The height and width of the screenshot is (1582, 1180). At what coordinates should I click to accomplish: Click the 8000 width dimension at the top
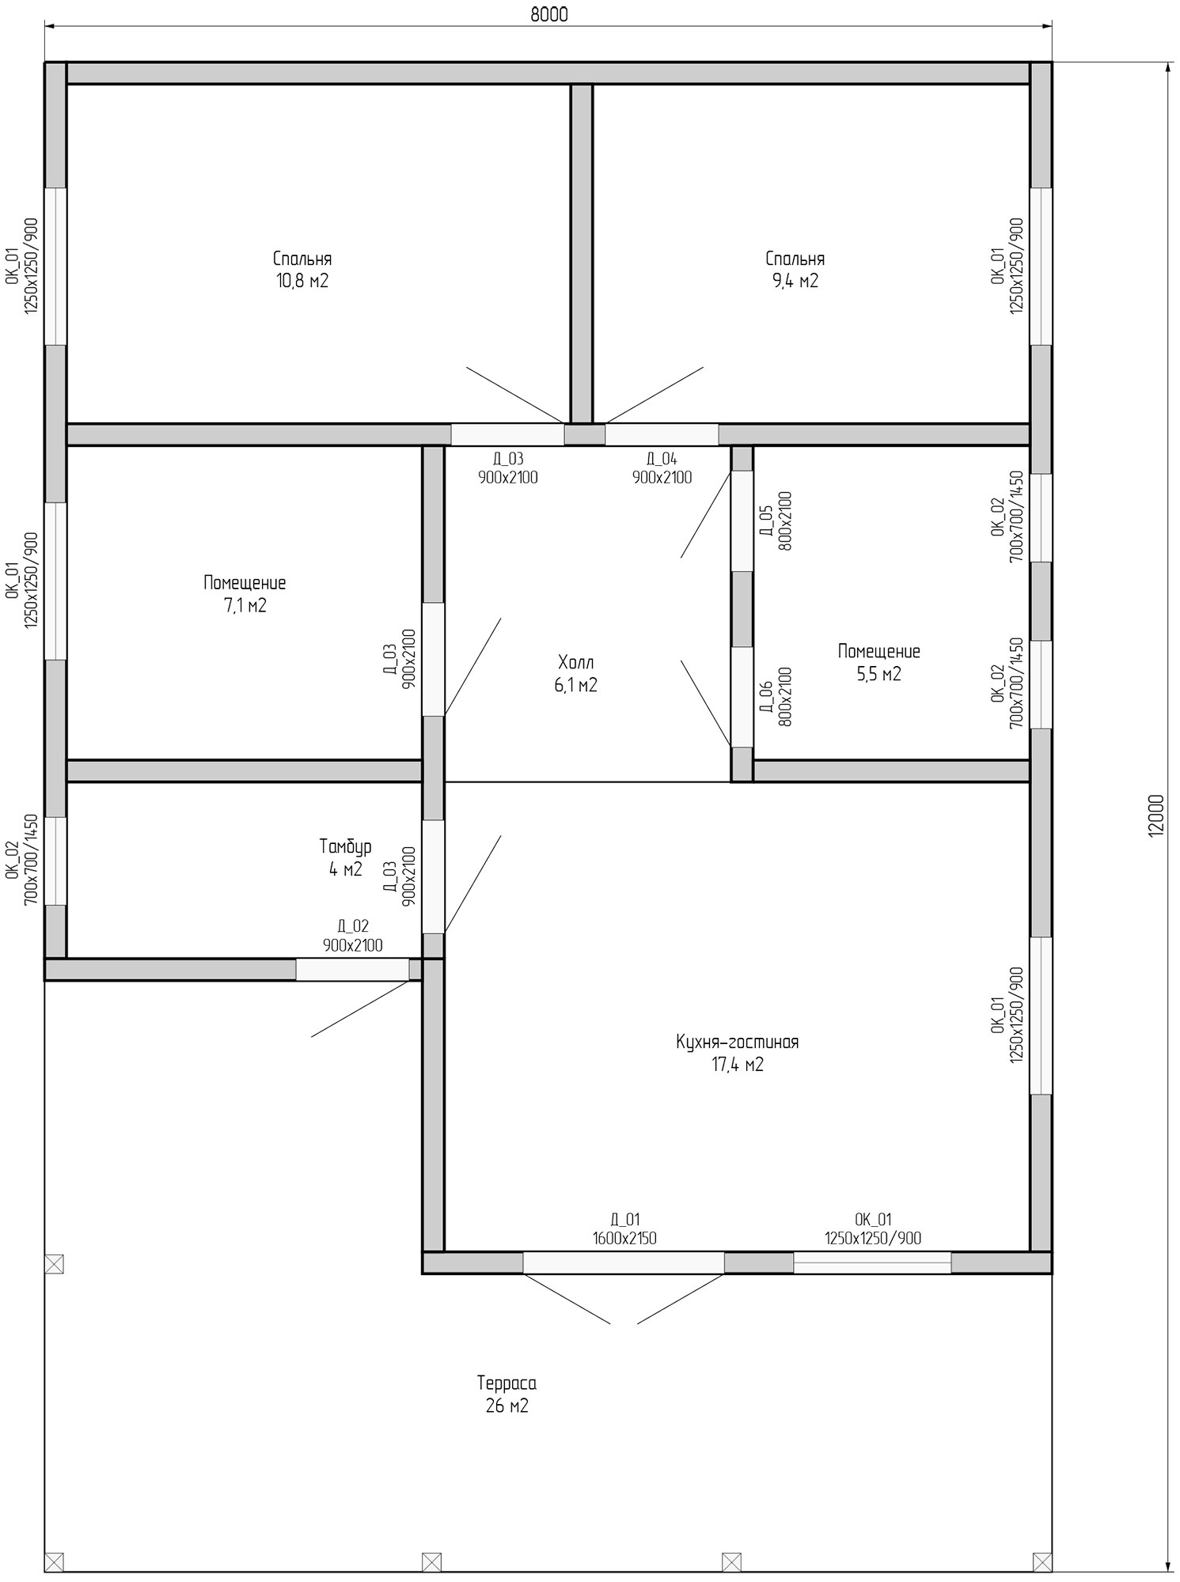[x=549, y=15]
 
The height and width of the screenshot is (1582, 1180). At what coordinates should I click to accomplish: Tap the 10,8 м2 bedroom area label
[x=302, y=281]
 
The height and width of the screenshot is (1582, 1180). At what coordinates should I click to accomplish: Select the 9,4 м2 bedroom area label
[x=795, y=281]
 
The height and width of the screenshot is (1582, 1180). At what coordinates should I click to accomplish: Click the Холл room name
[x=575, y=662]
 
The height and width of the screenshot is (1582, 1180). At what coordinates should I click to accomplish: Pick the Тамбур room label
[x=345, y=847]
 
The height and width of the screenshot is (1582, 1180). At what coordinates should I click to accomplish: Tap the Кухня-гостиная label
[x=737, y=1042]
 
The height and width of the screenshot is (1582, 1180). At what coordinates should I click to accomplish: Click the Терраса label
[x=507, y=1383]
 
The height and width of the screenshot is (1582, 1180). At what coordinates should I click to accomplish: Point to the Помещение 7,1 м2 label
[x=245, y=594]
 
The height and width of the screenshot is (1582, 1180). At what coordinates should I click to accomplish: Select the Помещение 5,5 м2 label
[x=878, y=663]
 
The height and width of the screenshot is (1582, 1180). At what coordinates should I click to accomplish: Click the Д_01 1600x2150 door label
[x=624, y=1229]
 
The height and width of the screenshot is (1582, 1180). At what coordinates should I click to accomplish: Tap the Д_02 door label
[x=352, y=936]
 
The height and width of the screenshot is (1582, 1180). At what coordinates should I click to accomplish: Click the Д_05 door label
[x=775, y=520]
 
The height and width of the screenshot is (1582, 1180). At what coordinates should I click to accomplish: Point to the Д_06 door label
[x=775, y=696]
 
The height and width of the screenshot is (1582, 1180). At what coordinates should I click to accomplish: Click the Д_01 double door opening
[x=624, y=1262]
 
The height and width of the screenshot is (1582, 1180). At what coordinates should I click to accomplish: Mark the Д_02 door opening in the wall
[x=352, y=970]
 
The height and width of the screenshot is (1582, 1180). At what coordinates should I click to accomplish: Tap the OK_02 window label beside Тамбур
[x=22, y=860]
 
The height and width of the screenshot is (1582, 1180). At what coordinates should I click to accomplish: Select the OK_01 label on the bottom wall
[x=872, y=1229]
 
